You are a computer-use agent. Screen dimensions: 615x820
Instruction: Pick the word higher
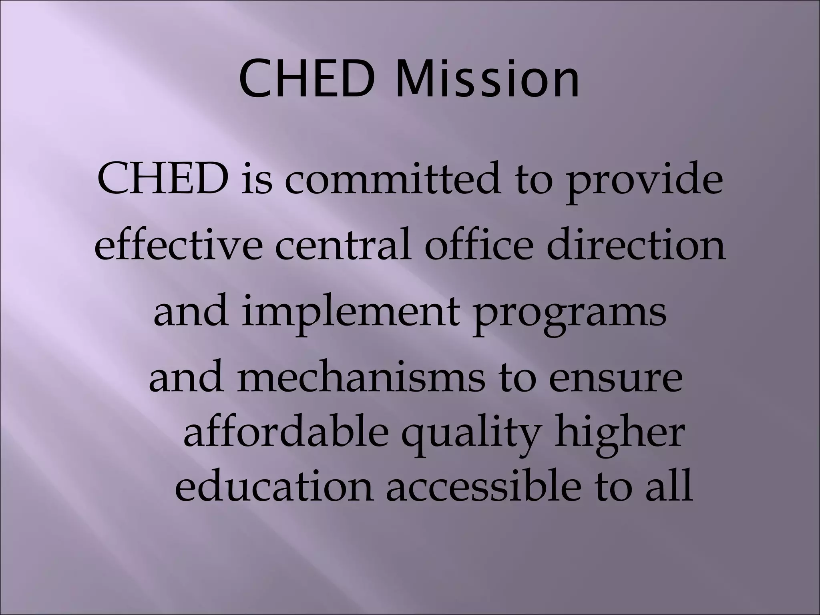[x=618, y=434]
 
